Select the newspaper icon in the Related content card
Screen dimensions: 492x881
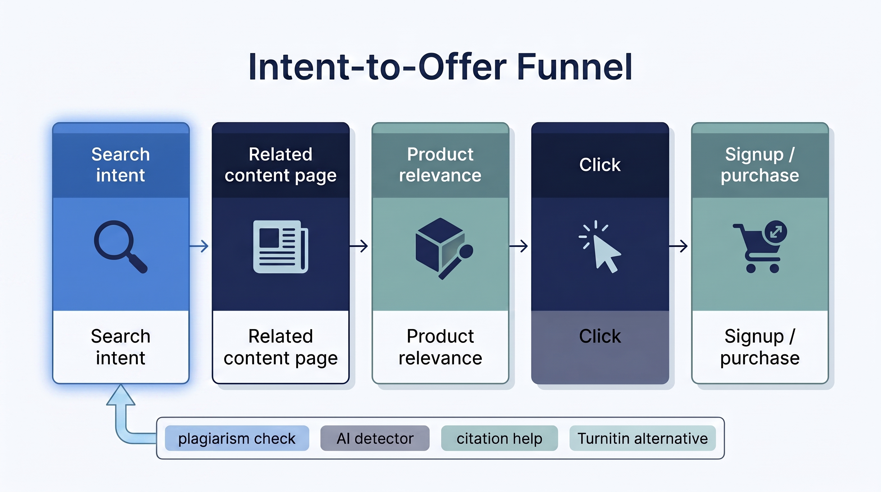[x=280, y=246]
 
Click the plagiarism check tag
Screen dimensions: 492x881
[x=237, y=438]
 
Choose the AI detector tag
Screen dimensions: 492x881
[x=375, y=438]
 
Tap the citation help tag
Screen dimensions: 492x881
[x=499, y=438]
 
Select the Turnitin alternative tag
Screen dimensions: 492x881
[x=642, y=438]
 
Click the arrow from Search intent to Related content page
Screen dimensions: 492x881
[x=200, y=246]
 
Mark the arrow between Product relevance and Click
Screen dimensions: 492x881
[x=519, y=246]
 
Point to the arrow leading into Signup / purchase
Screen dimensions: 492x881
[x=679, y=246]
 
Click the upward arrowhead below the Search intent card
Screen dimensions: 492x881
[x=121, y=395]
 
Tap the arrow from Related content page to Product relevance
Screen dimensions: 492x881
[x=360, y=246]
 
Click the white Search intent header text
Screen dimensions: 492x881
[x=120, y=165]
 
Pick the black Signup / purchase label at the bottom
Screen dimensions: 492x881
[x=760, y=347]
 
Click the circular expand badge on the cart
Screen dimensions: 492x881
[x=776, y=232]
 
